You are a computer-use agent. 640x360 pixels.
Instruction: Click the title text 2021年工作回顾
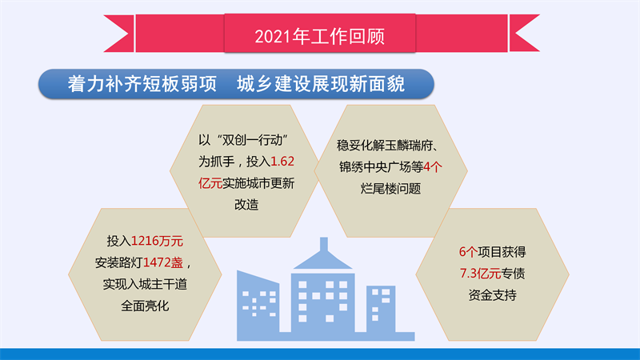click(x=319, y=36)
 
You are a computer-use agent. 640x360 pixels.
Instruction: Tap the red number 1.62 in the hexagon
click(x=282, y=162)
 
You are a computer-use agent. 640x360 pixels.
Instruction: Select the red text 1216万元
click(x=157, y=241)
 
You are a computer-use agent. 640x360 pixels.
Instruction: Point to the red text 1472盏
click(x=163, y=262)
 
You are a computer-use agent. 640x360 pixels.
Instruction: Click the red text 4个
click(x=433, y=166)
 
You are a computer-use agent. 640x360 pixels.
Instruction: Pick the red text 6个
click(x=468, y=252)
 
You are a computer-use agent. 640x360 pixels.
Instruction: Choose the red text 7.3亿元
click(x=480, y=273)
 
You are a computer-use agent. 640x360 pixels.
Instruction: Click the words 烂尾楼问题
click(x=390, y=188)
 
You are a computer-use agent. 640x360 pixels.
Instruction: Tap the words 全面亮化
click(x=145, y=306)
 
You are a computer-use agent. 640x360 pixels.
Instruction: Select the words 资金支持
click(x=492, y=294)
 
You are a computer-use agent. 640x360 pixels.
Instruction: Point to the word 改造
click(x=246, y=204)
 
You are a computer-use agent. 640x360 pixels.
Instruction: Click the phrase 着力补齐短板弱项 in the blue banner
click(x=142, y=84)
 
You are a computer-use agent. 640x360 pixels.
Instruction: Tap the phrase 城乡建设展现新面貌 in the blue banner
click(x=321, y=84)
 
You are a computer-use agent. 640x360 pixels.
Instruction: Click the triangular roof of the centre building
click(x=323, y=261)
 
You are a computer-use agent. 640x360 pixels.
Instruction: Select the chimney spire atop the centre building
click(x=324, y=244)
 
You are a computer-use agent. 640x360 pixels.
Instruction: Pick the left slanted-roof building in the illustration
click(x=258, y=306)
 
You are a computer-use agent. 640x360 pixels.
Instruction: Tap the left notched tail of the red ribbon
click(x=119, y=34)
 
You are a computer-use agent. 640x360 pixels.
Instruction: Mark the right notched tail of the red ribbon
click(x=524, y=34)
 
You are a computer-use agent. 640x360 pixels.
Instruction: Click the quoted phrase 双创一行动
click(x=253, y=140)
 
